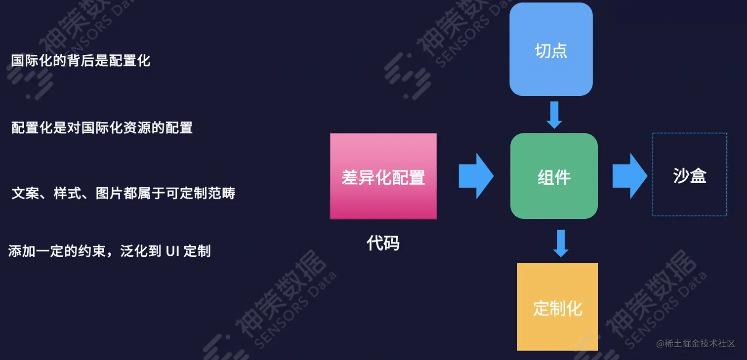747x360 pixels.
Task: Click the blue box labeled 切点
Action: (x=551, y=49)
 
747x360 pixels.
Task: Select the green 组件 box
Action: (x=554, y=176)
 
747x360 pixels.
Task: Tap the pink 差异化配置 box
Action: (x=383, y=176)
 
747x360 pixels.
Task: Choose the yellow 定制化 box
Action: (x=557, y=307)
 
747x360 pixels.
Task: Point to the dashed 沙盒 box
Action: (x=689, y=175)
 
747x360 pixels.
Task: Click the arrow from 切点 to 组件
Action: (x=554, y=115)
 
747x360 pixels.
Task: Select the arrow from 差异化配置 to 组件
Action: (x=475, y=176)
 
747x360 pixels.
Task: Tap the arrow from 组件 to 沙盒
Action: (x=629, y=176)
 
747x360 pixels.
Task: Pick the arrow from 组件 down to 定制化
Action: (x=560, y=243)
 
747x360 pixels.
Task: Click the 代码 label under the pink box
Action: (x=383, y=243)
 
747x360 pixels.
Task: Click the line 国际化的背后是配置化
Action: (x=81, y=61)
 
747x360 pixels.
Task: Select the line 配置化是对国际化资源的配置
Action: (x=102, y=128)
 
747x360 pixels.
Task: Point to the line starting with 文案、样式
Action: (x=124, y=193)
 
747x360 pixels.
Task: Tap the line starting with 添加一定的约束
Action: (x=110, y=251)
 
